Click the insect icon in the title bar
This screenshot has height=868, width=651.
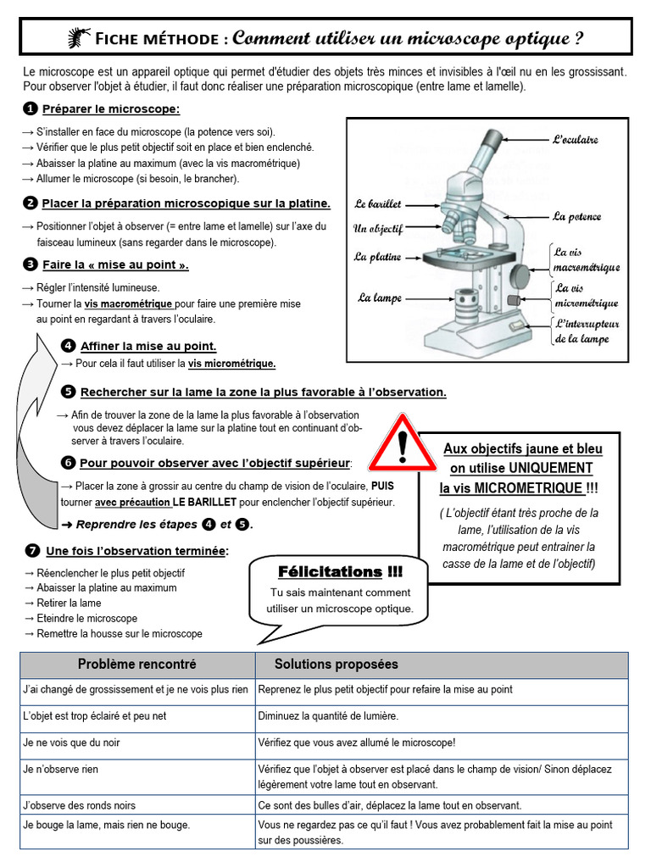click(x=79, y=37)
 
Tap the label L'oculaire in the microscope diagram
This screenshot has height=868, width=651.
click(x=576, y=139)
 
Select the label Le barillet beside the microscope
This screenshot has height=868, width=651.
click(x=378, y=204)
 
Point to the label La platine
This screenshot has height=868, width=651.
click(x=378, y=257)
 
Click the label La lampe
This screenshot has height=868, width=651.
click(x=380, y=298)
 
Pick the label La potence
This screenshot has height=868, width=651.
click(x=576, y=216)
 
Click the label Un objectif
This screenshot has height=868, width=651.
click(x=378, y=229)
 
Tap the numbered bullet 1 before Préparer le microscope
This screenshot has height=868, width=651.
click(x=31, y=109)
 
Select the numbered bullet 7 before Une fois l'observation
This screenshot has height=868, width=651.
click(x=31, y=551)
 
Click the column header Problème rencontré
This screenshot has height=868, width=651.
click(x=137, y=665)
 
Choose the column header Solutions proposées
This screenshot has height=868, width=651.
click(x=336, y=665)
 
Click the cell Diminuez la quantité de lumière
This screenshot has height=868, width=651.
click(x=328, y=716)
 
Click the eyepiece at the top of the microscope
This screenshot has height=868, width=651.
click(x=492, y=139)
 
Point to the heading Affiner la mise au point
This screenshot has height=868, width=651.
click(x=148, y=346)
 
